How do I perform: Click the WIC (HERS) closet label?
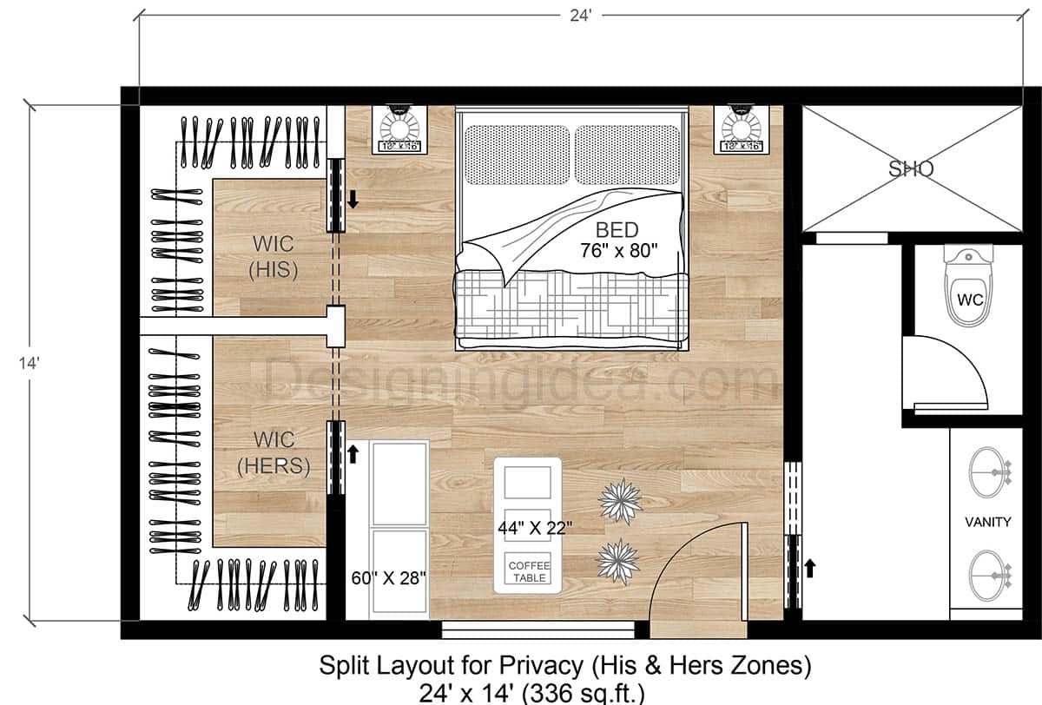(274, 452)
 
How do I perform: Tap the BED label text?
(617, 230)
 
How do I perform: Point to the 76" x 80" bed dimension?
(619, 250)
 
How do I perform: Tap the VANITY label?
(988, 522)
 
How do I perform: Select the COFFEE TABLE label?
(530, 571)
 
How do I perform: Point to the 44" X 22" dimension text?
(535, 526)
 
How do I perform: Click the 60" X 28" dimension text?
(387, 578)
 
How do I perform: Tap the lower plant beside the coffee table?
(618, 560)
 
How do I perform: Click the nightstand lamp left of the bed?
(399, 128)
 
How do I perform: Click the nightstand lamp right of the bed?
(740, 128)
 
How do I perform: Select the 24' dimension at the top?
(578, 15)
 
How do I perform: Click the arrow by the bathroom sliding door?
(810, 569)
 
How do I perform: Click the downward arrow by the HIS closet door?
(353, 199)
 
